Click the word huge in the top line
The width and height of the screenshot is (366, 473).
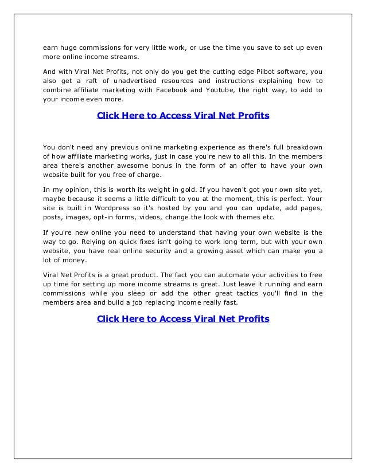coord(68,48)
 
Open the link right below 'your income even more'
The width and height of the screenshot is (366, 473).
coord(183,116)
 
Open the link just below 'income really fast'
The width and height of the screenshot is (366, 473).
coord(183,319)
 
